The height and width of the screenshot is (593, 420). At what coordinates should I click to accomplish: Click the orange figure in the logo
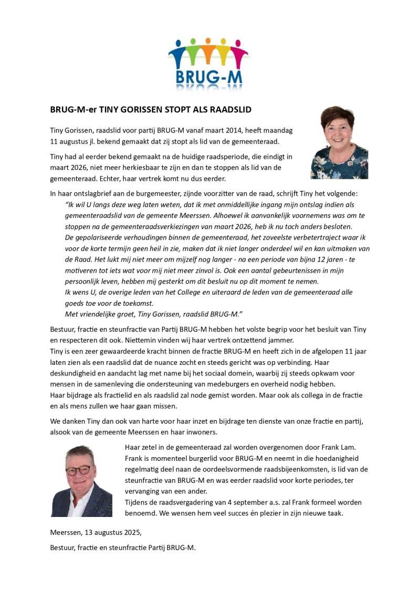(x=208, y=52)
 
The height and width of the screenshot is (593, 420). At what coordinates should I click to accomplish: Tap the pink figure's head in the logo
(x=241, y=42)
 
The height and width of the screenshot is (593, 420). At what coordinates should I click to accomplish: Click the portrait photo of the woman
(x=339, y=143)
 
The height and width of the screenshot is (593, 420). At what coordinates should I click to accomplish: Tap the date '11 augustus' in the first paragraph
(x=71, y=142)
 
